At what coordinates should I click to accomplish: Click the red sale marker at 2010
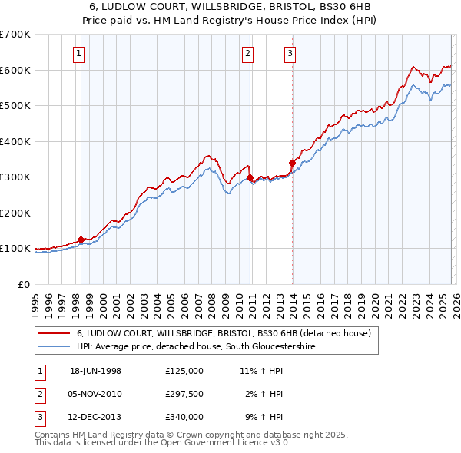pos(250,178)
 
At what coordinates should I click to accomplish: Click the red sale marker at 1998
pos(81,240)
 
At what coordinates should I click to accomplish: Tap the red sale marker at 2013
pos(292,163)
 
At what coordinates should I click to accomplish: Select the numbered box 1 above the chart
pos(81,53)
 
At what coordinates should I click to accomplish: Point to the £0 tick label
pos(24,284)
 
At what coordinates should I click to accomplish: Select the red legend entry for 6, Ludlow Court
pos(224,333)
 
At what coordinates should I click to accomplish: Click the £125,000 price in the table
pos(184,370)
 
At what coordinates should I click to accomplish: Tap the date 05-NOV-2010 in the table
pos(96,394)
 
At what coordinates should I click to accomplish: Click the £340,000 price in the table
pos(184,417)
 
